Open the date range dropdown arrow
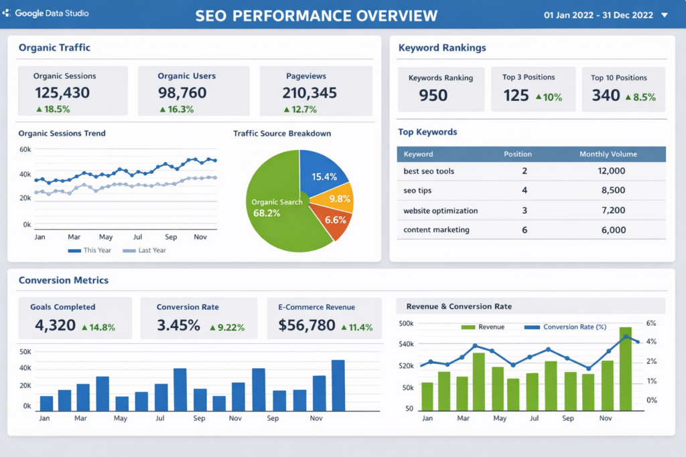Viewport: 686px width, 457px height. (x=664, y=15)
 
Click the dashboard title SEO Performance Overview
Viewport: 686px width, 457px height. (x=316, y=15)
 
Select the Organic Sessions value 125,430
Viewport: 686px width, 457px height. (x=62, y=93)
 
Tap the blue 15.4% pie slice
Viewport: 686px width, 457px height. (x=324, y=176)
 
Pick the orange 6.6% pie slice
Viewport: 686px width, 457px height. (x=334, y=220)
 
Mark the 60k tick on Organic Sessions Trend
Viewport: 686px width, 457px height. (x=25, y=149)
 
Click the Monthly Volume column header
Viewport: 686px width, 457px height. (x=608, y=154)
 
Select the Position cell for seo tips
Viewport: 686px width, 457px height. (x=524, y=191)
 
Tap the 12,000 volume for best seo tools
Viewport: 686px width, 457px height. (x=611, y=171)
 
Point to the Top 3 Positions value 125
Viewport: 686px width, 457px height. (x=516, y=96)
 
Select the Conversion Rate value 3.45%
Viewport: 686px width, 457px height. (x=178, y=326)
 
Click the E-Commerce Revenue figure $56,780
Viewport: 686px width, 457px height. (x=307, y=326)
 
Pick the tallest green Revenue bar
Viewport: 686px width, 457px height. (x=625, y=369)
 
